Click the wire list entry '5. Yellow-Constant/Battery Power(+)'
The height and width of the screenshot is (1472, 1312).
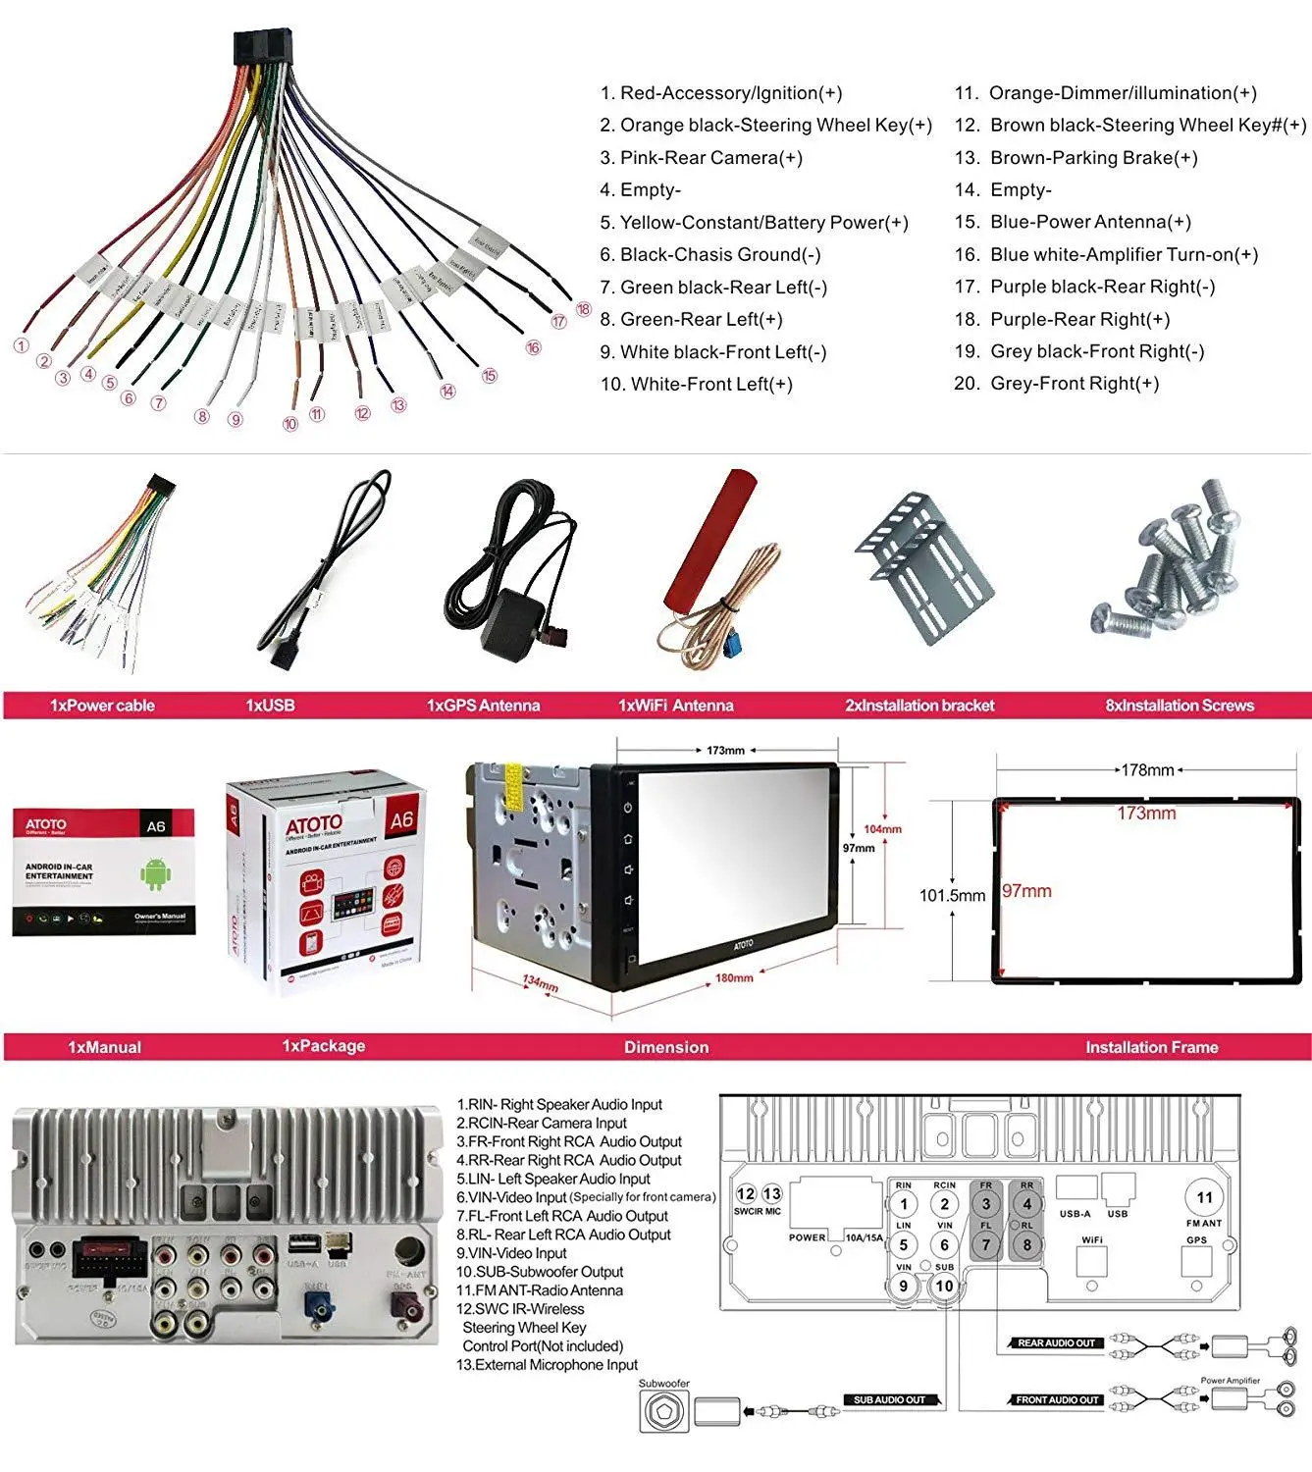point(754,223)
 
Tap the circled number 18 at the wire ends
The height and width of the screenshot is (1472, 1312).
point(583,310)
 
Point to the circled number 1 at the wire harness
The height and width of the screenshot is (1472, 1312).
point(21,345)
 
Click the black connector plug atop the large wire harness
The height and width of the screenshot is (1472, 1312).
point(262,46)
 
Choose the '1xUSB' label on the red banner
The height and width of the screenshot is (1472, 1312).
point(270,706)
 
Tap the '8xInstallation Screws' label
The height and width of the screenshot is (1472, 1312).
point(1179,706)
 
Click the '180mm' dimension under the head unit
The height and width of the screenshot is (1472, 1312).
point(734,978)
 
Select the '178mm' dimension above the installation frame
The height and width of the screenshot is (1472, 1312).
point(1147,770)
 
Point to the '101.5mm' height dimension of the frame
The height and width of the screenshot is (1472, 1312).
point(952,895)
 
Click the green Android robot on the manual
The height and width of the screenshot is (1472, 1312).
point(154,872)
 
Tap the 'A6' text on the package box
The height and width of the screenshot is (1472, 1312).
point(401,819)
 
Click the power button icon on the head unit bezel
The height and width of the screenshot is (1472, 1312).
point(628,809)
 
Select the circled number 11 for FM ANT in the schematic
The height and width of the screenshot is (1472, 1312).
point(1204,1197)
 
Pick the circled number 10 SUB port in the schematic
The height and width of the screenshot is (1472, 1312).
point(944,1286)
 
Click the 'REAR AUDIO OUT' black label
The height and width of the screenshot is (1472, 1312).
point(1056,1342)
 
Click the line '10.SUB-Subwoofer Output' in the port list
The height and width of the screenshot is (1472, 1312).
point(540,1272)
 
